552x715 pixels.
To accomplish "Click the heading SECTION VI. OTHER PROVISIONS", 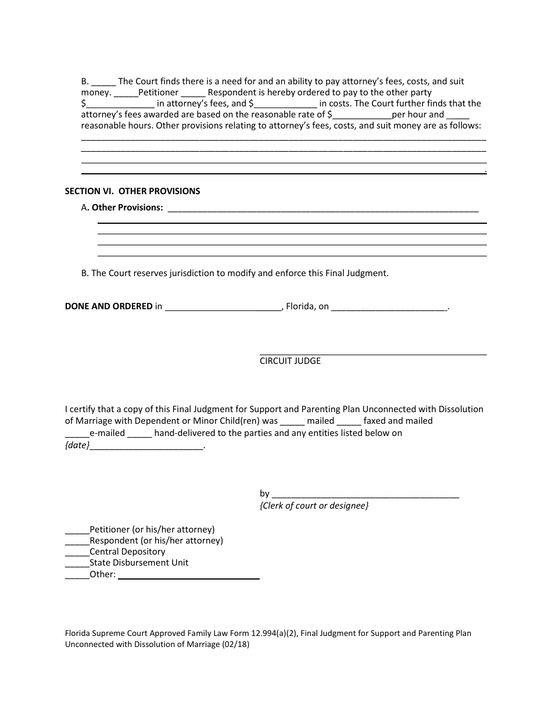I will [132, 191].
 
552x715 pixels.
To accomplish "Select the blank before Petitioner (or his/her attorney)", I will [77, 530].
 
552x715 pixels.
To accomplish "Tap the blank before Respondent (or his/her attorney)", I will [77, 541].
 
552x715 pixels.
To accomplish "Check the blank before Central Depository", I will [77, 552].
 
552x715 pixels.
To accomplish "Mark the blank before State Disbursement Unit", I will [77, 563].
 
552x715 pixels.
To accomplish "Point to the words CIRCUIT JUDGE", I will [290, 361].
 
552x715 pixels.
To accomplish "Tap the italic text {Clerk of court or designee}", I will [314, 506].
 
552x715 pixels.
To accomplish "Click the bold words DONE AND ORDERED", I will [109, 306].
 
